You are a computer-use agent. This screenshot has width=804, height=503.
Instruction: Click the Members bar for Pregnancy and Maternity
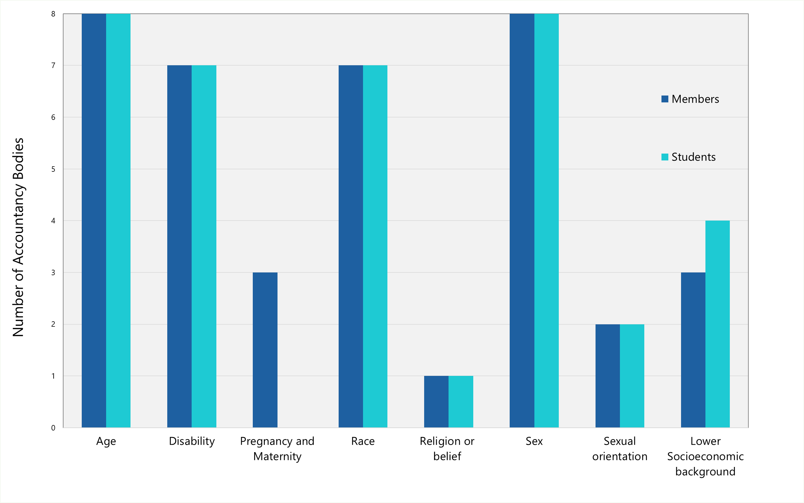(265, 350)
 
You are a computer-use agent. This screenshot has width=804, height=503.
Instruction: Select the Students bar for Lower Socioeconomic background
(717, 324)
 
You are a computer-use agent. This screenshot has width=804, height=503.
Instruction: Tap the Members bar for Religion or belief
(436, 402)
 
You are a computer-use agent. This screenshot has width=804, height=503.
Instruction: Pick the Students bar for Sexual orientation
(632, 376)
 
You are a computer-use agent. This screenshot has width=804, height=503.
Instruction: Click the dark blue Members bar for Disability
(179, 246)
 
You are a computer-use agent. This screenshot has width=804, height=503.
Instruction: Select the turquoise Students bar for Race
(375, 246)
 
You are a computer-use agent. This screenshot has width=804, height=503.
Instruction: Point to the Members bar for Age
(94, 221)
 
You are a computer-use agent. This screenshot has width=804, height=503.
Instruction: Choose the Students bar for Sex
(546, 221)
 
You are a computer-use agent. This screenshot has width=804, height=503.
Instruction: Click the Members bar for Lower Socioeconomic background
(693, 350)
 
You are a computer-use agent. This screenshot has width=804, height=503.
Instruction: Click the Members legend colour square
(665, 99)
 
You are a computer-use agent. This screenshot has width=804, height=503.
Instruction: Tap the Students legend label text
(693, 157)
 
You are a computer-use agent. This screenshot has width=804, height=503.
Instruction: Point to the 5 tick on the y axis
(53, 169)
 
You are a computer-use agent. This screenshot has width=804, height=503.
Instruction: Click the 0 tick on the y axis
(53, 428)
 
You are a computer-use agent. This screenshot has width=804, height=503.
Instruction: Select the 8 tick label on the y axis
(53, 14)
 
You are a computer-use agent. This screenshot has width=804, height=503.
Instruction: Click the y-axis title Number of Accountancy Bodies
(18, 237)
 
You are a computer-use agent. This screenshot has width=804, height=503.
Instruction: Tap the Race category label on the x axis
(363, 441)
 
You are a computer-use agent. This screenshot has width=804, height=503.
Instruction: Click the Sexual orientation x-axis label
(620, 449)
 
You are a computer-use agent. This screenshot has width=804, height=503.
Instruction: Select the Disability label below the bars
(192, 441)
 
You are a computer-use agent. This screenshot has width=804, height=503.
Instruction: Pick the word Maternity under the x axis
(277, 457)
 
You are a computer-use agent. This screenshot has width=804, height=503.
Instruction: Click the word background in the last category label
(705, 472)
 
